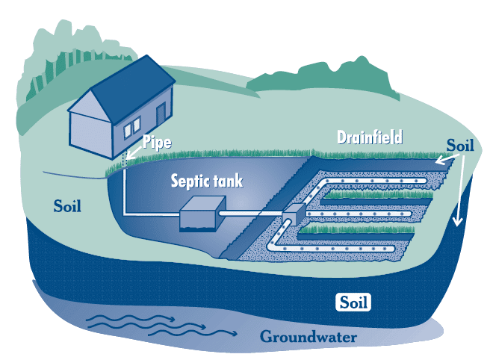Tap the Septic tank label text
[207, 181]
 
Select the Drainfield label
[370, 137]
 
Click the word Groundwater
[308, 338]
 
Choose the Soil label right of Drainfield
[459, 144]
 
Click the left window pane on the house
[128, 125]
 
